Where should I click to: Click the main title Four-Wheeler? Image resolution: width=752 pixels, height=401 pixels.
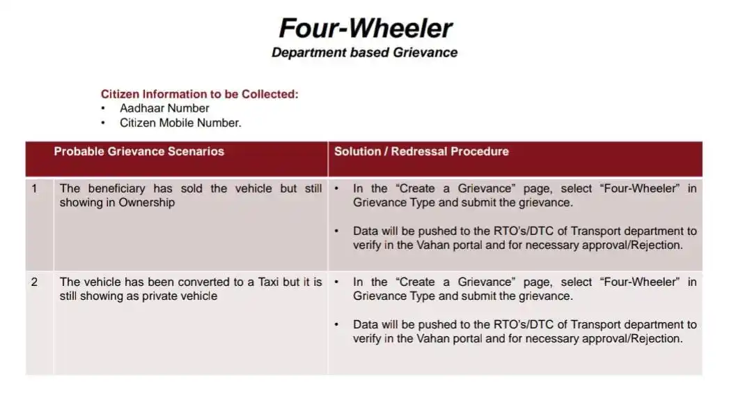pyautogui.click(x=366, y=29)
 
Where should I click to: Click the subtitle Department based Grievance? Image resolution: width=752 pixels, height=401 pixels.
pyautogui.click(x=364, y=52)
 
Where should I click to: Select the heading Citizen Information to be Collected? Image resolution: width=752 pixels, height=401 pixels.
pyautogui.click(x=200, y=94)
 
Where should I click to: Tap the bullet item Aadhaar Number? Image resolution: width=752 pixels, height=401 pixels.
pyautogui.click(x=164, y=109)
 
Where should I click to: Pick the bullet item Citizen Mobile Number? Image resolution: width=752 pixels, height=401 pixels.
pyautogui.click(x=180, y=123)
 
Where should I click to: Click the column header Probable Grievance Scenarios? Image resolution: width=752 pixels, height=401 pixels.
pyautogui.click(x=139, y=151)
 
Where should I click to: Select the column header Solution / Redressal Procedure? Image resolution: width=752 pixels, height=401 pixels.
pyautogui.click(x=421, y=151)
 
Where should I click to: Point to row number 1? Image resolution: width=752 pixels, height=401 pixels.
pyautogui.click(x=34, y=189)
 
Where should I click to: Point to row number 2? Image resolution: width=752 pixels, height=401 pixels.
pyautogui.click(x=34, y=282)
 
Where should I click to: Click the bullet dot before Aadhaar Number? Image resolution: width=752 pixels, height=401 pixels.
pyautogui.click(x=103, y=109)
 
